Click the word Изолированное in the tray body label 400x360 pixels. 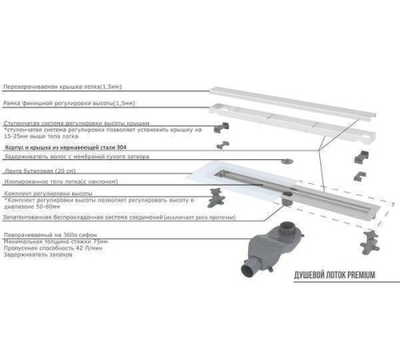pyautogui.click(x=27, y=181)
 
